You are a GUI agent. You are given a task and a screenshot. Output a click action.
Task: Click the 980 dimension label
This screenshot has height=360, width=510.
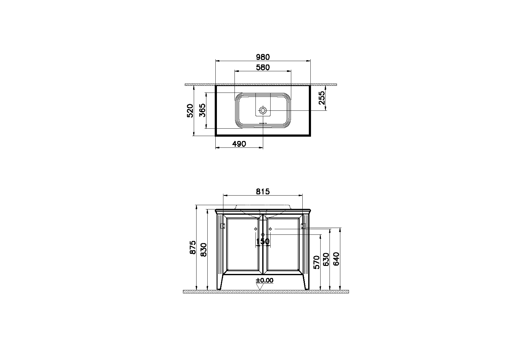click(x=263, y=57)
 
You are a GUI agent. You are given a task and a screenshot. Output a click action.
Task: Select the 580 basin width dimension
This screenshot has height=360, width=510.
click(x=263, y=67)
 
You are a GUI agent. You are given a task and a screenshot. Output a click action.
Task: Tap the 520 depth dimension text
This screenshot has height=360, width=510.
click(x=190, y=111)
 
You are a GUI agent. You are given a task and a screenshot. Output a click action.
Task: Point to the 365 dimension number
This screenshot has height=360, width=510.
click(x=202, y=110)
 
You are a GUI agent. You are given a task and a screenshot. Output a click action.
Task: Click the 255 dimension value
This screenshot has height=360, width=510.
click(x=322, y=98)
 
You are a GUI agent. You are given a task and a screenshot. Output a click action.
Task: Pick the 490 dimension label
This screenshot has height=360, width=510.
click(x=239, y=144)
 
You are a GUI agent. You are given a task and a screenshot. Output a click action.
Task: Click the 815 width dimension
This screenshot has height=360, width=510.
click(x=263, y=192)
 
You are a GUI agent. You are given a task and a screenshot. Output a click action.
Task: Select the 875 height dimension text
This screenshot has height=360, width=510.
click(x=193, y=247)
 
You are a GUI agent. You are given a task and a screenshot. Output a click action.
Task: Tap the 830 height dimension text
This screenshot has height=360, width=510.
click(x=203, y=250)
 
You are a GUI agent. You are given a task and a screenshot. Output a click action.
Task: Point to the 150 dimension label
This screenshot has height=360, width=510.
click(x=263, y=241)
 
